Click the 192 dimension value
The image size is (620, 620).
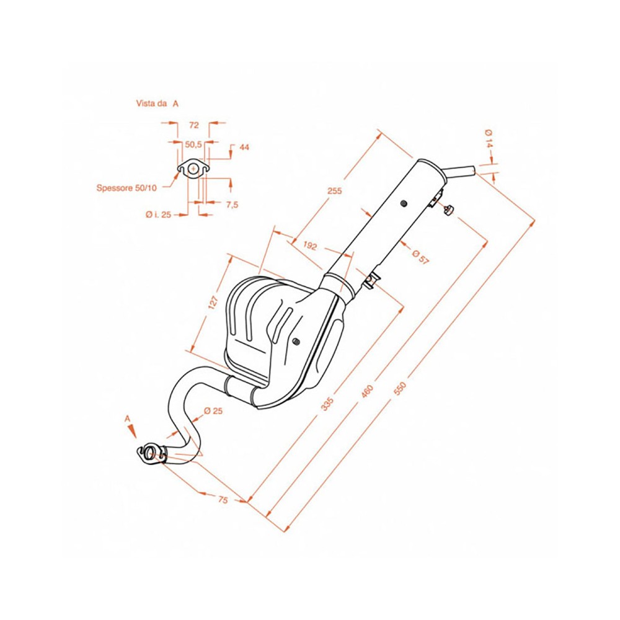click(x=310, y=246)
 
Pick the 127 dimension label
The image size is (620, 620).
click(x=213, y=303)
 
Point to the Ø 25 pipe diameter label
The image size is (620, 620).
click(x=211, y=411)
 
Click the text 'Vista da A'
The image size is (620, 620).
click(x=157, y=104)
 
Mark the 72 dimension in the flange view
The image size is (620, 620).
click(x=193, y=125)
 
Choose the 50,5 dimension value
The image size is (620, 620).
click(x=193, y=144)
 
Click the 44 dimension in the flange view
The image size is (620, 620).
click(x=244, y=148)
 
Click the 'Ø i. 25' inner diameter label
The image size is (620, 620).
click(x=158, y=215)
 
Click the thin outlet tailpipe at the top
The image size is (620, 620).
click(x=461, y=170)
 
